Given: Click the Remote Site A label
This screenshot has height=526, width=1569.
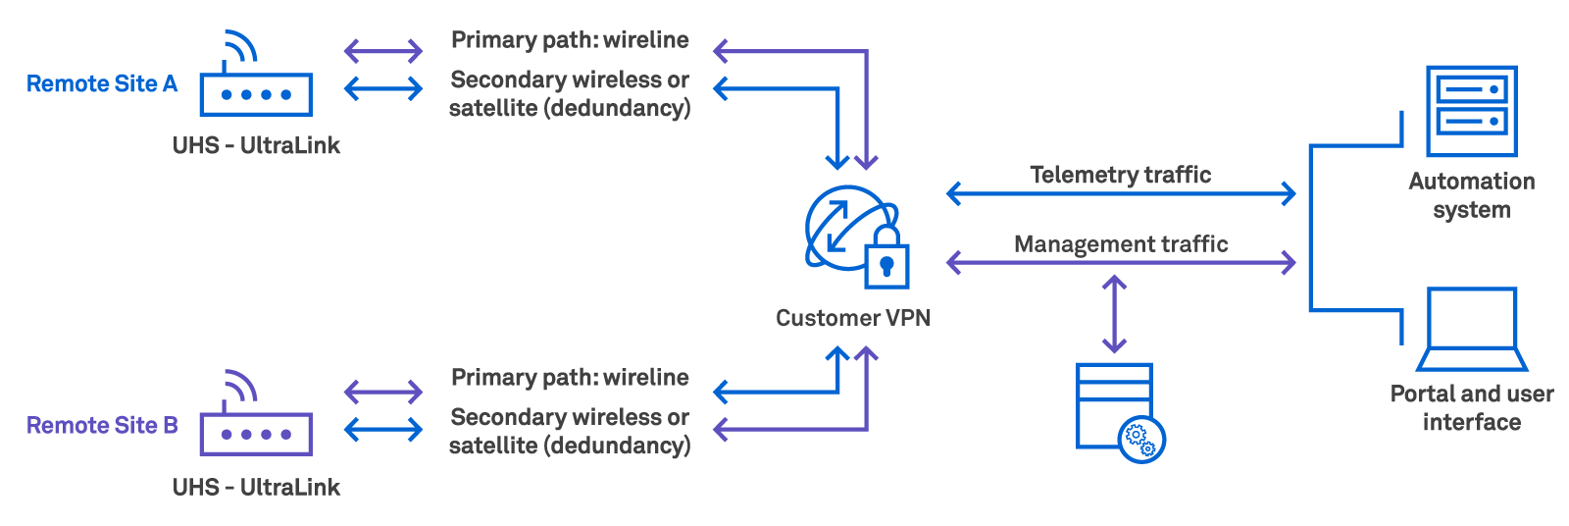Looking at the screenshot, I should click(x=102, y=84).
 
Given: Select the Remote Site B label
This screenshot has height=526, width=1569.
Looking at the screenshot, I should click(x=102, y=426).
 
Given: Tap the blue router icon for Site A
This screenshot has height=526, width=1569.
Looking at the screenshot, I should click(x=255, y=83).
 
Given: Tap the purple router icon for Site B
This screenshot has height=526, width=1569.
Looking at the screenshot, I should click(x=255, y=422).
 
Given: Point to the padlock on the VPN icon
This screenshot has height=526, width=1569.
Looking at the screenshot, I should click(x=886, y=260).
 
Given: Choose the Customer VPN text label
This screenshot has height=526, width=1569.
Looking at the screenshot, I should click(x=852, y=318).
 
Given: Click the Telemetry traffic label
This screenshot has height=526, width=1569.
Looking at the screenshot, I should click(x=1120, y=175).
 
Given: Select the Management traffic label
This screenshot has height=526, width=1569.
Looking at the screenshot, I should click(x=1120, y=243).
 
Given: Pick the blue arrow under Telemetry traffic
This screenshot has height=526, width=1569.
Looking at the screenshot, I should click(x=1121, y=193).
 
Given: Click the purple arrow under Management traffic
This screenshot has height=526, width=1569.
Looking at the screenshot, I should click(x=1121, y=262).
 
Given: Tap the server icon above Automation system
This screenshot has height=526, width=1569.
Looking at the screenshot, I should click(x=1471, y=111).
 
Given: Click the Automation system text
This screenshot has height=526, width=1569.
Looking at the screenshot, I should click(x=1471, y=195).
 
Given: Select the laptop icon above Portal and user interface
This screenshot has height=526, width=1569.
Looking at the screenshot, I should click(x=1472, y=330).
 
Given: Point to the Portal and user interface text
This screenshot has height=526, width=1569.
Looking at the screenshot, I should click(x=1471, y=408).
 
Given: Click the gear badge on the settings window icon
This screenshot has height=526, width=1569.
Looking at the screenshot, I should click(x=1141, y=439).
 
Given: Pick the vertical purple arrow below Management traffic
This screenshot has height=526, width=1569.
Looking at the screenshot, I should click(x=1114, y=314).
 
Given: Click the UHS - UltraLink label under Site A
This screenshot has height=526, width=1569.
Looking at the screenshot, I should click(x=256, y=146).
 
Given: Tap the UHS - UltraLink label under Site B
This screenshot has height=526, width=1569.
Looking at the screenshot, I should click(x=256, y=488).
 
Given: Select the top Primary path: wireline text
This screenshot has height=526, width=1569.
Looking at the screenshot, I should click(x=570, y=40).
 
